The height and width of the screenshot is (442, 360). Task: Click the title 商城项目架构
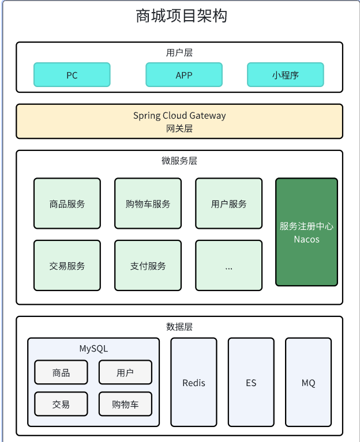[x=181, y=16]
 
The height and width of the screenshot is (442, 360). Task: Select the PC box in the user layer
[x=72, y=75]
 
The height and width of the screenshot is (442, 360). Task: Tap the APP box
[x=183, y=75]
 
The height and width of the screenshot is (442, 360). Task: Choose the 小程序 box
[x=285, y=75]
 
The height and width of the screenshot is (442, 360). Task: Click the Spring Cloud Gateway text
[x=179, y=116]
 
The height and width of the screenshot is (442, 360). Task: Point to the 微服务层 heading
[x=179, y=161]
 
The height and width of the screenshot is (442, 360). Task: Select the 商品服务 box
[x=67, y=203]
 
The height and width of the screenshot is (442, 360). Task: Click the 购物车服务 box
[x=148, y=203]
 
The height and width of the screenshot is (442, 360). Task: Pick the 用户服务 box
[x=228, y=203]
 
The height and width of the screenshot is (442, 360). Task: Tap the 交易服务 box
[x=67, y=266]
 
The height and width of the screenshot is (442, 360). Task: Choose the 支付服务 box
[x=148, y=266]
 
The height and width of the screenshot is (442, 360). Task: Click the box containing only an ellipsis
[x=228, y=266]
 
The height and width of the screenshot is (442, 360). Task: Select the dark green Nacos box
[x=306, y=232]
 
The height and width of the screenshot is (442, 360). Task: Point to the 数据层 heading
[x=179, y=327]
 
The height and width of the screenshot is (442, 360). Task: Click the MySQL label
[x=93, y=349]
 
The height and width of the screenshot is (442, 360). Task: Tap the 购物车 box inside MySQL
[x=125, y=404]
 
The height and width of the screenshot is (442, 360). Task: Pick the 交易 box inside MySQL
[x=61, y=404]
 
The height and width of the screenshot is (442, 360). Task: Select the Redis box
[x=194, y=383]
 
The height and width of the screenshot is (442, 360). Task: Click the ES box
[x=251, y=383]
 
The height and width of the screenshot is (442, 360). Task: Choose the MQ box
[x=308, y=383]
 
